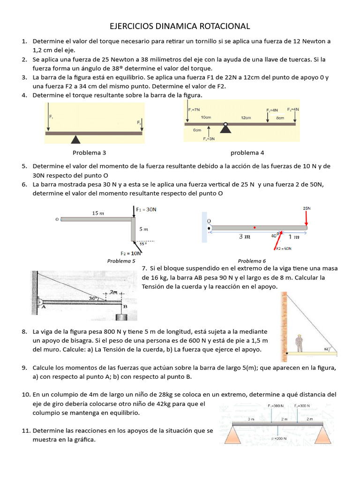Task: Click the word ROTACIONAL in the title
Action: coord(220,26)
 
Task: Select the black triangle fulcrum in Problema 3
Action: coord(75,139)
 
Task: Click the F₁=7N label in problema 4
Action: coord(194,109)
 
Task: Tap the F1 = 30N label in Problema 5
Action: coord(146,210)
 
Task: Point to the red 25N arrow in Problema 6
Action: coord(306,217)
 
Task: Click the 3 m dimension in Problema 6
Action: coord(245,237)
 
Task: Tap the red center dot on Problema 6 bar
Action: coord(255,227)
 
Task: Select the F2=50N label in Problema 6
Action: coord(284,248)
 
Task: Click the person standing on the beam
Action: coord(299,343)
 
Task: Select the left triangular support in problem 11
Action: coord(233,435)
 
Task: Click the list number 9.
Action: coord(24,367)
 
